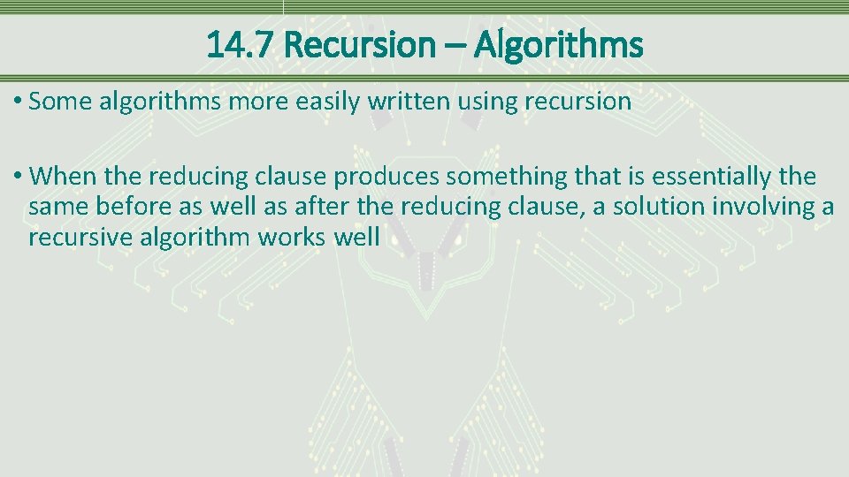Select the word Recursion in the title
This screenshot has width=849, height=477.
tap(360, 44)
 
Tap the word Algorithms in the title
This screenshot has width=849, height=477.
tap(558, 44)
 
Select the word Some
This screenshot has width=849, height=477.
tap(60, 102)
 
